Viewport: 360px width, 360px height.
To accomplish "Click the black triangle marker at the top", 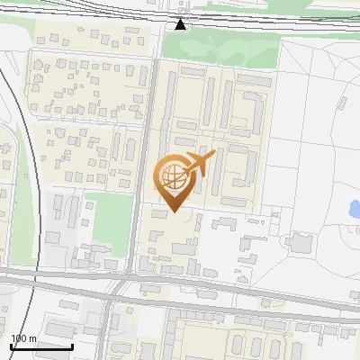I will click(182, 24).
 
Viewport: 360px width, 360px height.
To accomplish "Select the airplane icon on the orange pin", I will click(199, 166).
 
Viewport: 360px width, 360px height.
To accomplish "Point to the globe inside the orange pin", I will click(173, 178).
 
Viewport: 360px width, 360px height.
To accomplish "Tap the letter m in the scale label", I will click(33, 338).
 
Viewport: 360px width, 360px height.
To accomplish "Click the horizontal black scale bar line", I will click(41, 346).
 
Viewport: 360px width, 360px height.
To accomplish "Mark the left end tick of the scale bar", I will click(11, 345).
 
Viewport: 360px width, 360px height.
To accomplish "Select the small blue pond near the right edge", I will click(355, 210).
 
